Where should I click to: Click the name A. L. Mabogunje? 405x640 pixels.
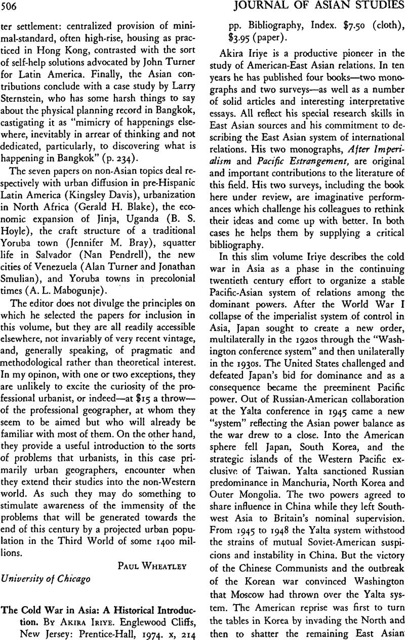pos(83,291)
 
